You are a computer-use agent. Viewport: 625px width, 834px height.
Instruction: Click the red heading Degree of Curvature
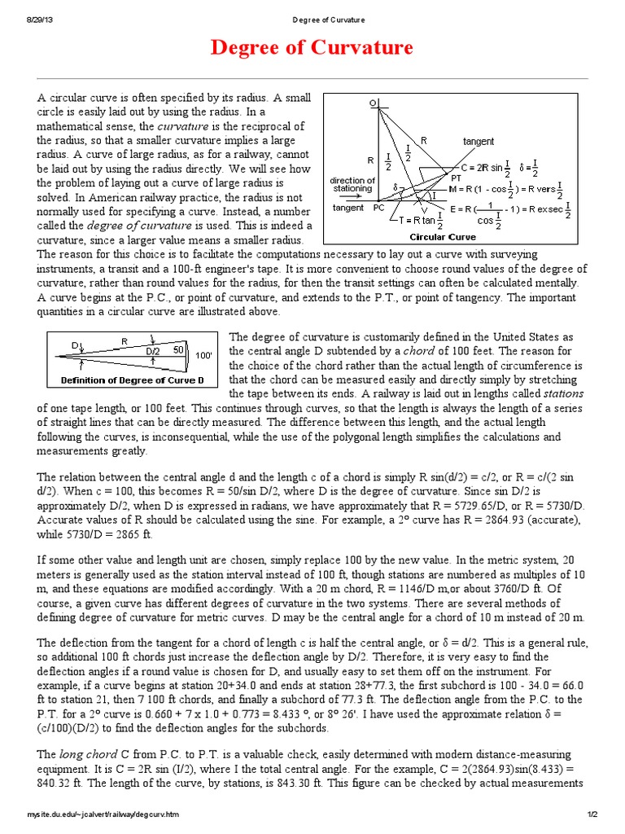[312, 48]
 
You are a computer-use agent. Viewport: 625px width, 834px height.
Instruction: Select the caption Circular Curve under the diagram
[442, 237]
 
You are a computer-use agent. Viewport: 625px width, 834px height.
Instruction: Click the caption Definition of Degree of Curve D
[133, 380]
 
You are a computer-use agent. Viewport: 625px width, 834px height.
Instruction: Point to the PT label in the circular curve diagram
[457, 176]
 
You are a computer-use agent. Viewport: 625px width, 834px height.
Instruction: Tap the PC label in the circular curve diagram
[378, 208]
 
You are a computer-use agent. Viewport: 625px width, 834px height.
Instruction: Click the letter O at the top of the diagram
[373, 103]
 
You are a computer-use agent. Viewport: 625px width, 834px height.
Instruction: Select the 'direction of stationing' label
[352, 184]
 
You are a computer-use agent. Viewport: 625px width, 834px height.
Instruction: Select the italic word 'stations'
[563, 393]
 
